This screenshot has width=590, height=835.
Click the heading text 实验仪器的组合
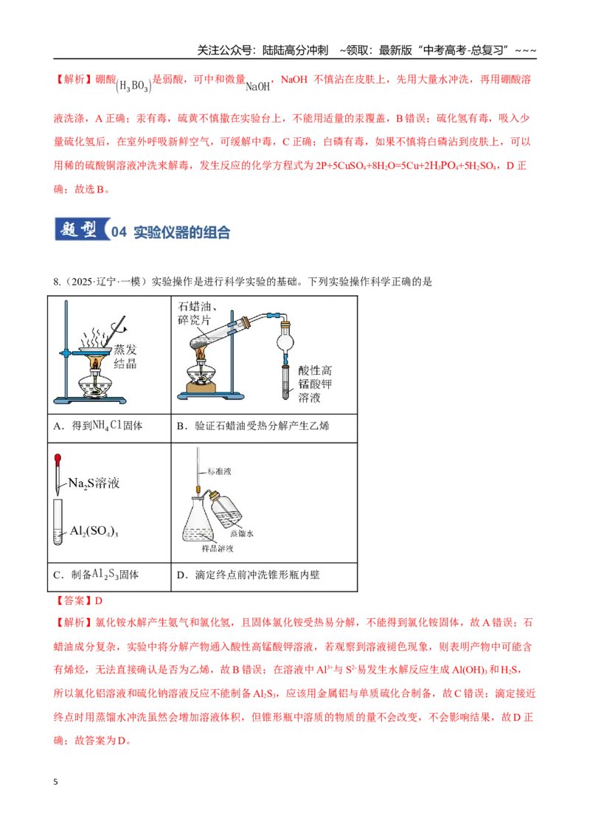pos(181,232)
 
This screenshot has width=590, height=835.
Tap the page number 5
pos(55,782)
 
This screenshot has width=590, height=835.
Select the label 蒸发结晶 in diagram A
pos(125,356)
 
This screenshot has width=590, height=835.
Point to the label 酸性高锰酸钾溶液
pos(315,384)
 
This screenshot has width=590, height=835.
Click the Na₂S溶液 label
pos(94,483)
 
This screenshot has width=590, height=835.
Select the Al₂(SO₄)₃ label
pos(94,531)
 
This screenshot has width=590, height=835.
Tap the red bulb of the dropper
pos(58,458)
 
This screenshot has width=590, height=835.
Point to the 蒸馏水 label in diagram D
pos(243,533)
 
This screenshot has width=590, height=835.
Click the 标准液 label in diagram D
pos(219,471)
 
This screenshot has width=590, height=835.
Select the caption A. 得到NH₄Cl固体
pos(98,426)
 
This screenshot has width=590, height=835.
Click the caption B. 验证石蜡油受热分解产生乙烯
pos(253,426)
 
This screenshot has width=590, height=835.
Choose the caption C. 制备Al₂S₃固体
pos(96,575)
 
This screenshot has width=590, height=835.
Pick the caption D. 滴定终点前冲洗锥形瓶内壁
pos(248,575)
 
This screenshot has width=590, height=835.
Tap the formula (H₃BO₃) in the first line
pos(133,86)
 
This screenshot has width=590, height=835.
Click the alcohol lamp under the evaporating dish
pos(96,384)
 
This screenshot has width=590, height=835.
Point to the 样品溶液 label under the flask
pos(218,549)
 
